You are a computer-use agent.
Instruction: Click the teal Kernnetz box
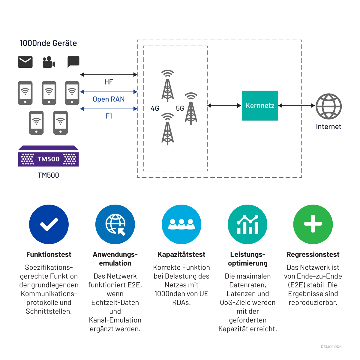tap(260, 106)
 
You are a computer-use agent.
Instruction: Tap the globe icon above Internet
tap(328, 106)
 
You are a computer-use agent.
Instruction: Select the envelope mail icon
tap(25, 62)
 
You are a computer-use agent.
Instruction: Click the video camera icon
tap(49, 62)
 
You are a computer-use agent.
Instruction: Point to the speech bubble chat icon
tap(73, 61)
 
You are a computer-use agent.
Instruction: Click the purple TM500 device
tap(48, 156)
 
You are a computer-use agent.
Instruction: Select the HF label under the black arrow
tap(109, 82)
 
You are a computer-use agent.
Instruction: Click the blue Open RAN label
tap(109, 99)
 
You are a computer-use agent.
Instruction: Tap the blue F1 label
tap(109, 116)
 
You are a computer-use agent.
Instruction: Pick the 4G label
tap(155, 108)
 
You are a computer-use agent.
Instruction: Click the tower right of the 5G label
tap(191, 109)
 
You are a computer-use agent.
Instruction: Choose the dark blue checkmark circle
tap(49, 224)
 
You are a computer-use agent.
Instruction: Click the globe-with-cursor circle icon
tap(115, 224)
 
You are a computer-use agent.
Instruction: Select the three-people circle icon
tap(181, 224)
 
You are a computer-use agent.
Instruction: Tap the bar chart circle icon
tap(247, 224)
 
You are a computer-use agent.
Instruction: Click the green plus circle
tap(313, 224)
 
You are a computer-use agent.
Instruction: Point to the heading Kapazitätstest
tap(181, 254)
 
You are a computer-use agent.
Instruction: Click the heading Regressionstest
tap(313, 254)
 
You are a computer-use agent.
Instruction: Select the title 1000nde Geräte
tap(48, 43)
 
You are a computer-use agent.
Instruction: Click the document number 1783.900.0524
tap(331, 347)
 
